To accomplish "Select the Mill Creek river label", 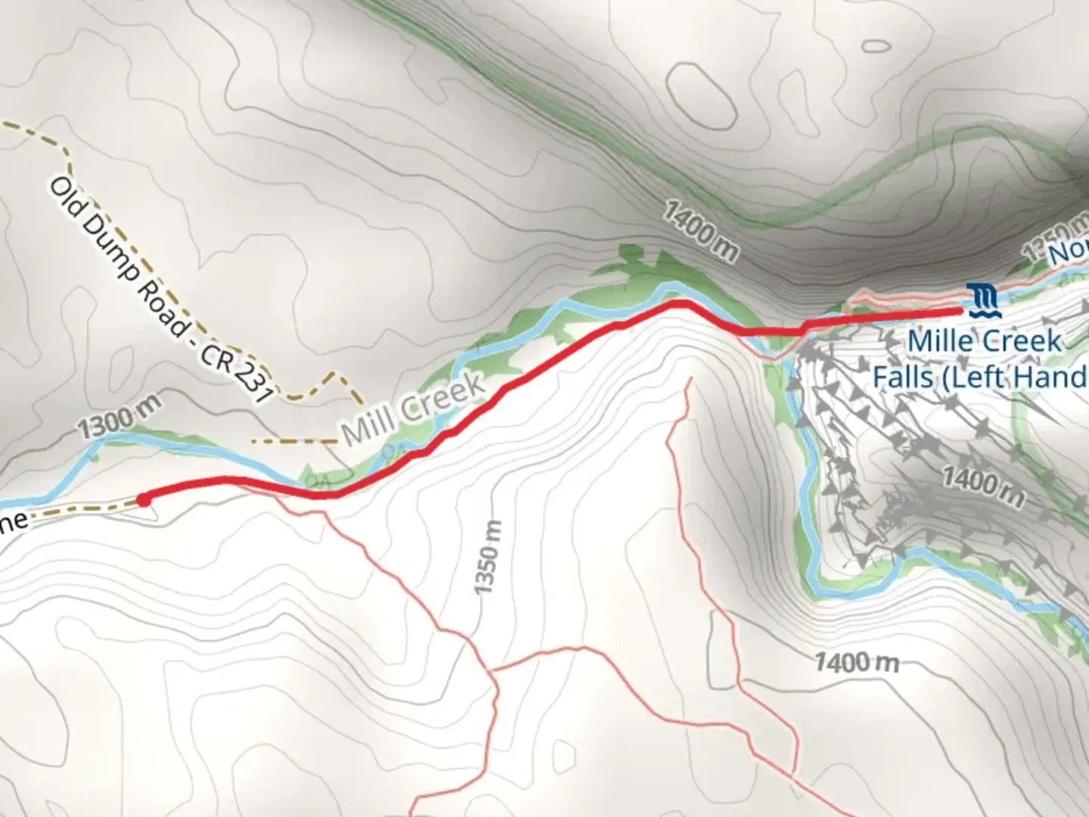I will [413, 408].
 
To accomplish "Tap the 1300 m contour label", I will [120, 418].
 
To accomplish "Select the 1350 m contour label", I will [488, 557].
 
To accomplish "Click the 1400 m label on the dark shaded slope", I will [700, 231].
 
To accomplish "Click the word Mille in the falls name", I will [941, 340].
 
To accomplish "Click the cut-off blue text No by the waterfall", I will [1069, 253].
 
